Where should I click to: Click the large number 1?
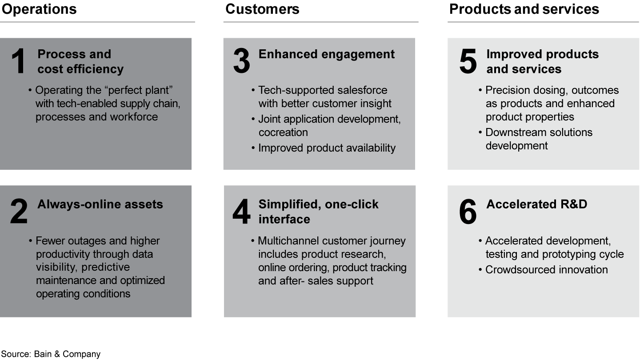click(18, 62)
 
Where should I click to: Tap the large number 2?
click(19, 212)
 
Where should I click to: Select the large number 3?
click(241, 62)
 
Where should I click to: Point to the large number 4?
click(241, 212)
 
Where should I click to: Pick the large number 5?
click(468, 62)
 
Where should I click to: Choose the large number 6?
click(468, 212)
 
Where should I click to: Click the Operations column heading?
click(39, 9)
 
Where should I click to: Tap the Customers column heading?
click(262, 9)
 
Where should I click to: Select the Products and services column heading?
click(524, 9)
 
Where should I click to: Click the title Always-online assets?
click(100, 204)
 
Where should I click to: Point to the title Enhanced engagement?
click(326, 54)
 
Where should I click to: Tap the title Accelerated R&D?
click(536, 204)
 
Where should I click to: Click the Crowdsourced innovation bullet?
click(546, 270)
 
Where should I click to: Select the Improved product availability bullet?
click(327, 148)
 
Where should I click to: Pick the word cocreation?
click(283, 132)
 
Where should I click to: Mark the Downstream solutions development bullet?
click(539, 139)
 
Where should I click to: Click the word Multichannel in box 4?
click(288, 241)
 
